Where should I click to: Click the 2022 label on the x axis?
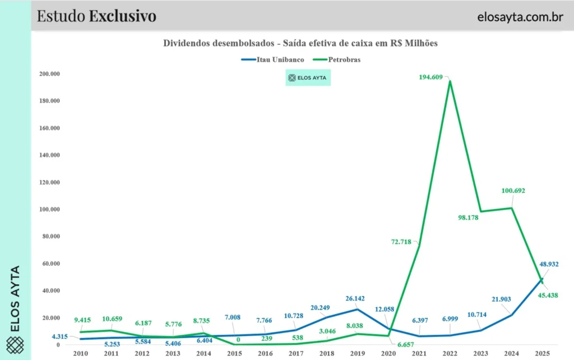[x=450, y=353]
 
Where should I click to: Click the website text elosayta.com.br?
[x=520, y=16]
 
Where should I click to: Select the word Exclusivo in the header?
[x=122, y=16]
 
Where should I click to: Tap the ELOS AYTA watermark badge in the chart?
[x=308, y=78]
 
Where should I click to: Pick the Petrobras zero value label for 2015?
[x=238, y=339]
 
